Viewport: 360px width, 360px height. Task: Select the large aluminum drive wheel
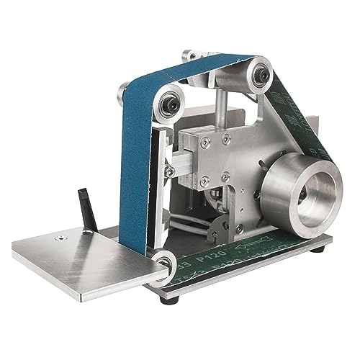point(295,189)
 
